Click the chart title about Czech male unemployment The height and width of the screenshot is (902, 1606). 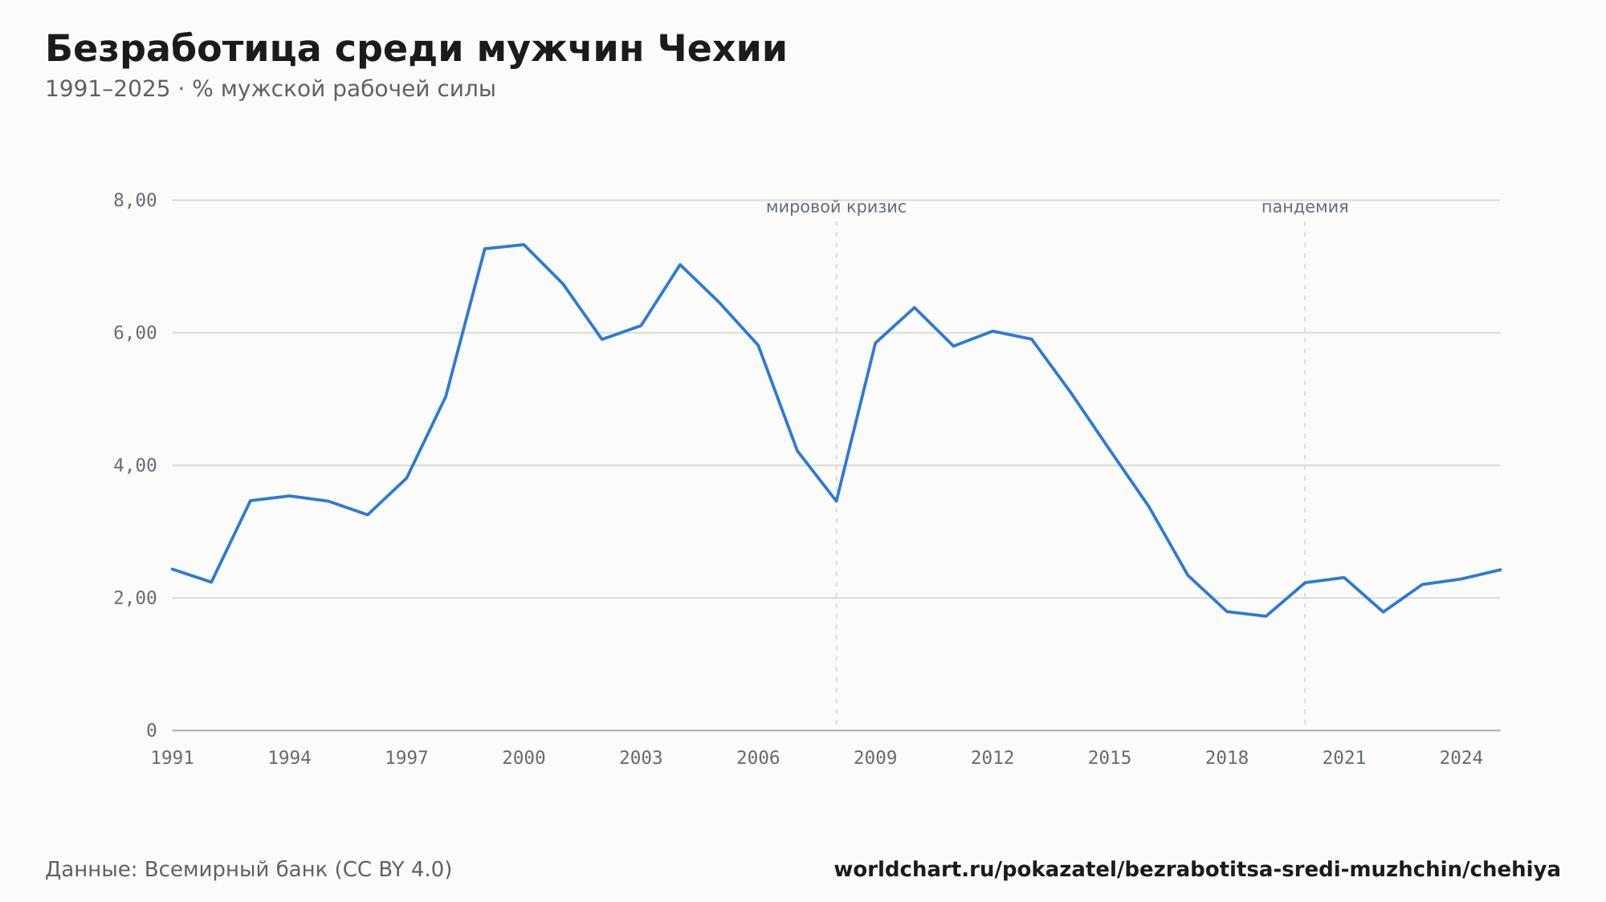pos(416,49)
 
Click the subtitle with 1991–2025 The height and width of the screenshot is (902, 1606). pos(271,89)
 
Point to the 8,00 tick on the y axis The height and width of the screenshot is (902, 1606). pos(135,201)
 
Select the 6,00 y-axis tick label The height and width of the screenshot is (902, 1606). pos(135,333)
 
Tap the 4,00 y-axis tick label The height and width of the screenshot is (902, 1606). pos(135,465)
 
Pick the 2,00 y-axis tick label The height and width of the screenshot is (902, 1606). pos(135,598)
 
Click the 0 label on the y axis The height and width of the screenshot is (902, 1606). pos(152,730)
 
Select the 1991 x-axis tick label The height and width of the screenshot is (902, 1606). pos(173,758)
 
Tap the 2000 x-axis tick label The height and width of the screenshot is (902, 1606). pos(524,758)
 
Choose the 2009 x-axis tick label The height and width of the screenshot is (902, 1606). pos(875,758)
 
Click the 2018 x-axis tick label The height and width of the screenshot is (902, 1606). pos(1227,758)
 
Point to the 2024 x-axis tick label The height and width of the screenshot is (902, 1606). pos(1461,758)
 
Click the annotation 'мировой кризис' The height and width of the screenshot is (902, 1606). pos(836,208)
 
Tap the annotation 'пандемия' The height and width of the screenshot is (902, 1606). pos(1305,208)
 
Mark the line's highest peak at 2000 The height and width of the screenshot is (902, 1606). pos(524,245)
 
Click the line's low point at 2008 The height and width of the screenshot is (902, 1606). pos(836,501)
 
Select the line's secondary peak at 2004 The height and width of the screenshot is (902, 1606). pos(680,265)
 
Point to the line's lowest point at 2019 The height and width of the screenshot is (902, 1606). pos(1266,616)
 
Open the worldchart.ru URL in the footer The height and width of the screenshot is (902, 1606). pos(1197,870)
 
